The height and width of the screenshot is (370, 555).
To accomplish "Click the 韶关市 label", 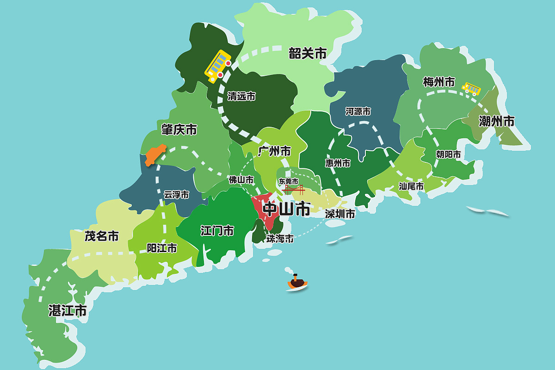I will (x=308, y=54).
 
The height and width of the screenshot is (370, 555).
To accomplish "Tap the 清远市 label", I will (x=241, y=96).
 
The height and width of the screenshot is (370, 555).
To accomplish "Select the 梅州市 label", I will (x=439, y=82).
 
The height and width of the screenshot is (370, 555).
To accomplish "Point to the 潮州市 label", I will (x=497, y=122).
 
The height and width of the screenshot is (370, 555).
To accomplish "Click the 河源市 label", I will (x=358, y=111).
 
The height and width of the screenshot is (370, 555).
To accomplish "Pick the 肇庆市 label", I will (x=179, y=129).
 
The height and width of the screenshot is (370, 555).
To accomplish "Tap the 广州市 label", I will (x=274, y=151).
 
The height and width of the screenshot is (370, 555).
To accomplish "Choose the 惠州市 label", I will (x=338, y=163).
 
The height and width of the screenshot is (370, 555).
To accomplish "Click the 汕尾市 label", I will (x=411, y=186).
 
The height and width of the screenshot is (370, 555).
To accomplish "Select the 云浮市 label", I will (x=176, y=195).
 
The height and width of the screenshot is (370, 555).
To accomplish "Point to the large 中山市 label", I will (x=286, y=210).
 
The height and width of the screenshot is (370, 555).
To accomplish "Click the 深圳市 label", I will (x=340, y=214).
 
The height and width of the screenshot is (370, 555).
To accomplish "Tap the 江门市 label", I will (x=217, y=230).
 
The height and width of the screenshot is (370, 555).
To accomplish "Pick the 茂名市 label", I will (x=101, y=236).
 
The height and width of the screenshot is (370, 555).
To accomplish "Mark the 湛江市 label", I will (x=68, y=310).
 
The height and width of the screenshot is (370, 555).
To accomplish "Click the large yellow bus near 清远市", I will (x=218, y=66).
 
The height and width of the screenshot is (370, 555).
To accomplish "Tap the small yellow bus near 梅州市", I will (x=471, y=88).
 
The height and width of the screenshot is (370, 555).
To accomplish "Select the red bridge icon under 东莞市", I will (x=293, y=189).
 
